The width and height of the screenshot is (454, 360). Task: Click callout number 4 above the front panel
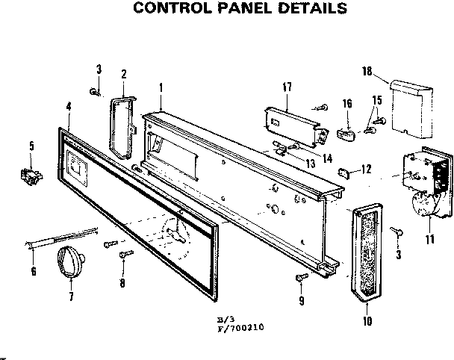tap(68, 107)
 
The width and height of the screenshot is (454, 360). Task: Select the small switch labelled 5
tap(30, 177)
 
